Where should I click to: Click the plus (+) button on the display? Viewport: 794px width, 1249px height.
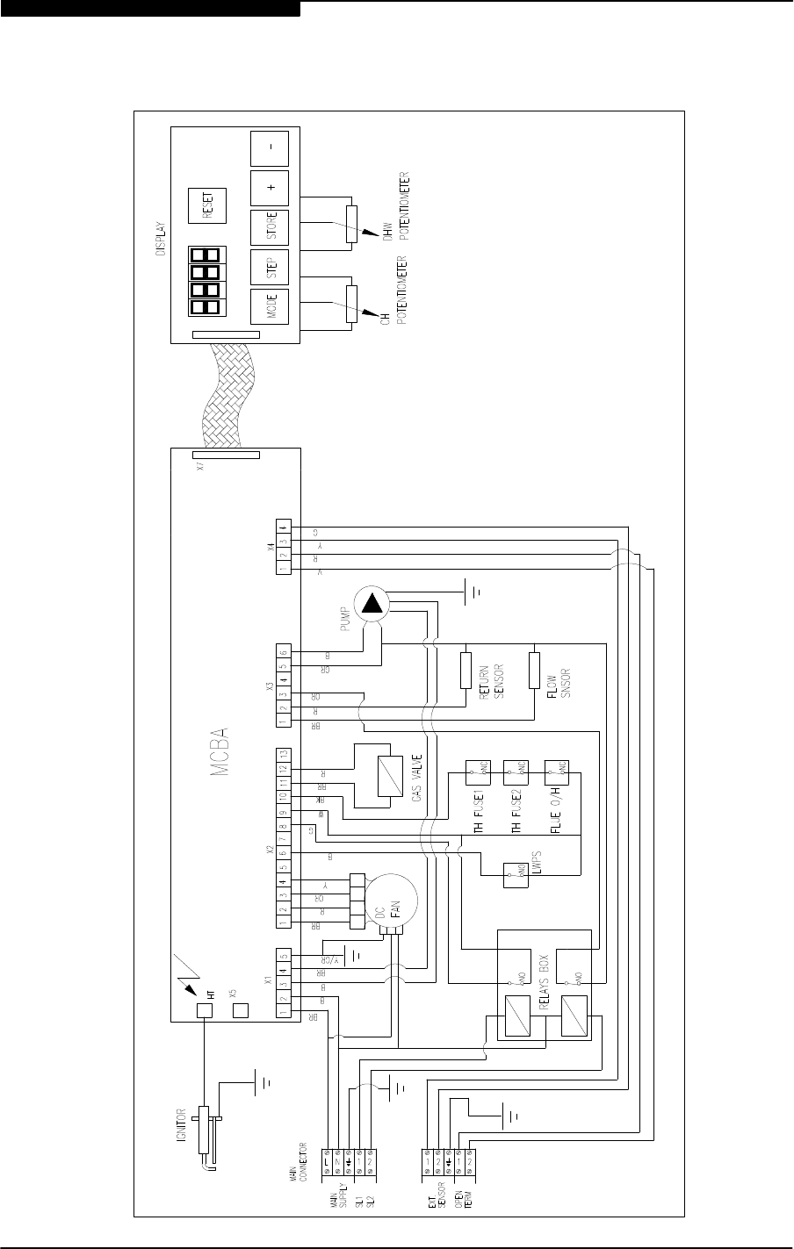(x=270, y=187)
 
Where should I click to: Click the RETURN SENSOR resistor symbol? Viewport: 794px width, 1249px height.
(x=466, y=670)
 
